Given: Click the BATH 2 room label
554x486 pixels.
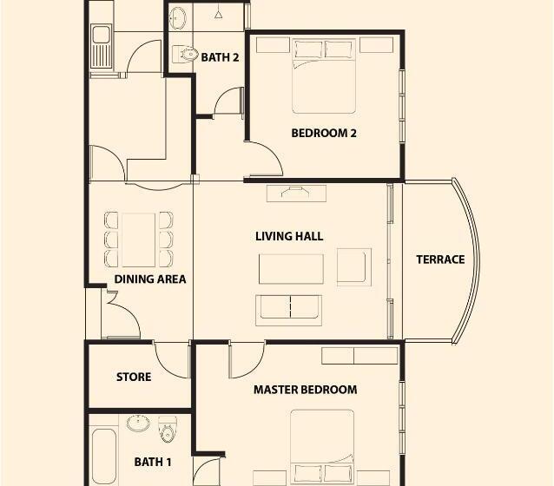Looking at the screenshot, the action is point(220,57).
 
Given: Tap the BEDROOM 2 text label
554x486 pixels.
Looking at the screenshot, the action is point(324,133).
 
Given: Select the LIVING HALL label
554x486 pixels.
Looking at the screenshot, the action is point(289,236).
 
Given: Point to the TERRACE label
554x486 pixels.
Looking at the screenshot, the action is point(440,259).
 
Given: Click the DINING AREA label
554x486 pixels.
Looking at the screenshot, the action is point(150,279).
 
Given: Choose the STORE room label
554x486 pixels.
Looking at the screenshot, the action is point(134,377).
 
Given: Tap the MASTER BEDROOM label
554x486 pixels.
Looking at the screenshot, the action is point(306,390).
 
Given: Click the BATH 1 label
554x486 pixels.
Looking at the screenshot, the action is point(153,462).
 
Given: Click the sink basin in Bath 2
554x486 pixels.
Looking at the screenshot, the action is point(178,17).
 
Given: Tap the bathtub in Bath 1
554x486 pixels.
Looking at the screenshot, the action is point(104,457).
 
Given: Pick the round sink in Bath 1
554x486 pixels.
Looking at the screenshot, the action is point(138,424).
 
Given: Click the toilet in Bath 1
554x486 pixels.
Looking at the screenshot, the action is point(168,429).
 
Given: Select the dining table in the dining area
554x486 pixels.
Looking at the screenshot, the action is point(139,240).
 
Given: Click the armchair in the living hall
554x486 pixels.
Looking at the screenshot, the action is point(354,267).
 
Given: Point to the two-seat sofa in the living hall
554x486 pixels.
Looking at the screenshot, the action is point(289,310).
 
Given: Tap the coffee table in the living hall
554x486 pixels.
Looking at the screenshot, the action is point(291,269).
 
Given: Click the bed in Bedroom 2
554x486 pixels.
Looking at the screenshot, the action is point(324,76).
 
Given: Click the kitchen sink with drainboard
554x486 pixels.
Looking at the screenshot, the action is point(101,46).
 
